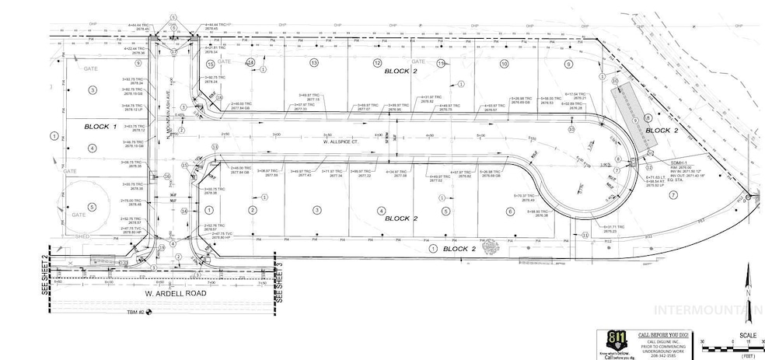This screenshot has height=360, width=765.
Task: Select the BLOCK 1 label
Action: coord(100,125)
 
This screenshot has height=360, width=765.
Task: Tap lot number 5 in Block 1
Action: coord(93,206)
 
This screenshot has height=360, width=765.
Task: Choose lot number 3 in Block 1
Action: coord(93,90)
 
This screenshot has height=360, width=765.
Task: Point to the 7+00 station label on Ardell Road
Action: coord(201,283)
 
